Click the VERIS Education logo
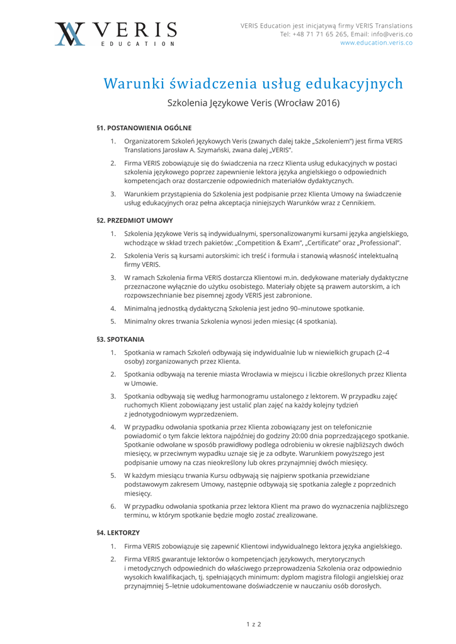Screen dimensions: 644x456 pyautogui.click(x=115, y=33)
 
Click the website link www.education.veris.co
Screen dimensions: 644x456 pyautogui.click(x=376, y=43)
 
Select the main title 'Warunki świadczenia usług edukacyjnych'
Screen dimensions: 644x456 pyautogui.click(x=253, y=84)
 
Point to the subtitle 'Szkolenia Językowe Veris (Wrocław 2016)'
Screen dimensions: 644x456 pyautogui.click(x=253, y=103)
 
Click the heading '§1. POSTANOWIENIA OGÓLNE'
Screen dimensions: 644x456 pyautogui.click(x=144, y=128)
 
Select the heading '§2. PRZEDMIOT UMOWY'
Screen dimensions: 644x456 pyautogui.click(x=134, y=221)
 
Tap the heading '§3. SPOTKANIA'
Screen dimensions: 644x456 pyautogui.click(x=120, y=339)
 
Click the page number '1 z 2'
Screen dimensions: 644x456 pyautogui.click(x=253, y=625)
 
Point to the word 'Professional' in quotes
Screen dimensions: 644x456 pyautogui.click(x=379, y=243)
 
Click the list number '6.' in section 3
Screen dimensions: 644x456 pyautogui.click(x=113, y=506)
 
